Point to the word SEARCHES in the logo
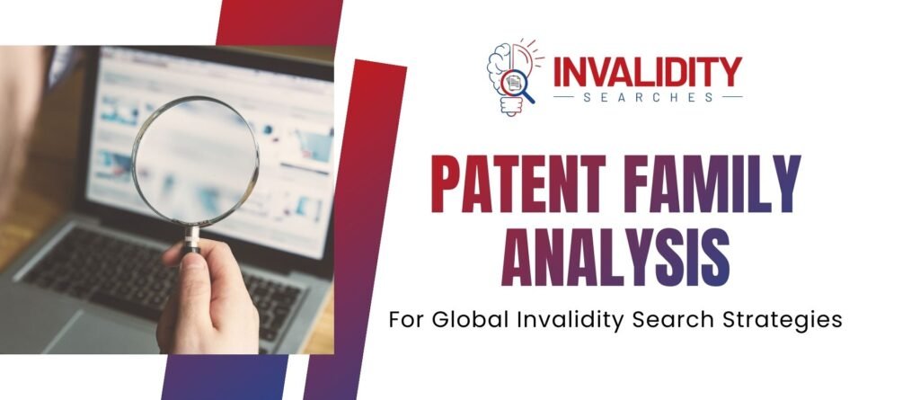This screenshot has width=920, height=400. pyautogui.click(x=647, y=96)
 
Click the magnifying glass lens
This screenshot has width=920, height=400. pyautogui.click(x=195, y=163)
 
